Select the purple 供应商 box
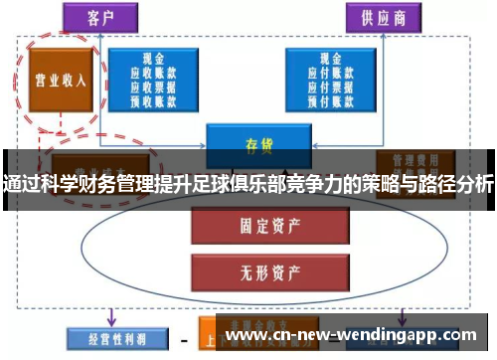(x=384, y=18)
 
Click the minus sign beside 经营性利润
(x=183, y=339)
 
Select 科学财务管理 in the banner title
(x=90, y=184)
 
